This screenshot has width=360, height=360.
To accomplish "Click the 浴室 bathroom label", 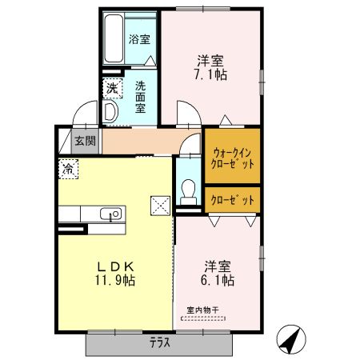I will click(139, 38).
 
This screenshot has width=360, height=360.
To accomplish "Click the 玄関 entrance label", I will click(85, 142).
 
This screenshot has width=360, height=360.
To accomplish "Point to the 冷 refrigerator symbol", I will click(68, 169).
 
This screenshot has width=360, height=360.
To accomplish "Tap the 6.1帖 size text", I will click(217, 281).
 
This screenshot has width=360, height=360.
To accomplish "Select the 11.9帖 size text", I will click(115, 281).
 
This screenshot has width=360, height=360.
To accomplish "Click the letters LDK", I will click(114, 266).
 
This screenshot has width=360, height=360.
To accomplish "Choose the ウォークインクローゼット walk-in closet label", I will click(234, 157).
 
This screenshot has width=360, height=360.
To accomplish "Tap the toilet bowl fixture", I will click(188, 190).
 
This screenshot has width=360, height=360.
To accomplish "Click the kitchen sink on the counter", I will click(110, 214).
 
